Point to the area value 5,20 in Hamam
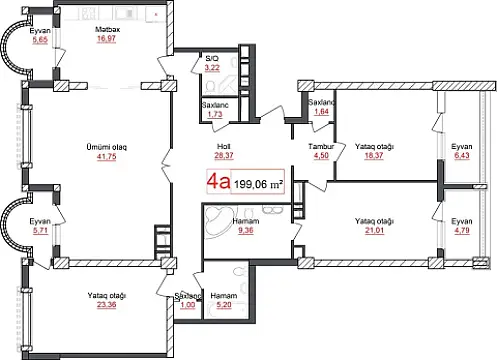pyautogui.click(x=224, y=306)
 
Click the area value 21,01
pyautogui.click(x=375, y=231)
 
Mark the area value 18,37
pyautogui.click(x=375, y=156)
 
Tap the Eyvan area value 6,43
pyautogui.click(x=461, y=156)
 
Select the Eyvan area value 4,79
pyautogui.click(x=461, y=231)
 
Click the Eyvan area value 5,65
pyautogui.click(x=40, y=40)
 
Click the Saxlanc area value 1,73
pyautogui.click(x=212, y=116)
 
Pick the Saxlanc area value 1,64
pyautogui.click(x=321, y=111)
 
